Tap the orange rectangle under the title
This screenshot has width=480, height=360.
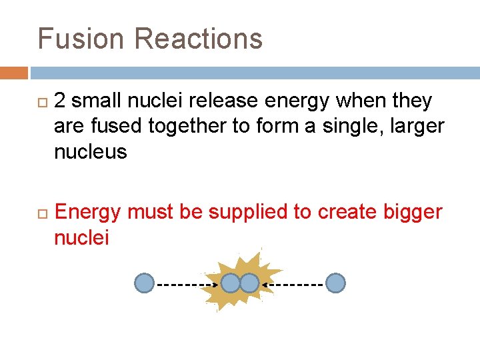(x=14, y=73)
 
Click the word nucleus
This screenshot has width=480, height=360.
(x=90, y=151)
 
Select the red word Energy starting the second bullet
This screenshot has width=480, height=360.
(x=88, y=212)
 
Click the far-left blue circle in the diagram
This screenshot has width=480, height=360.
(x=144, y=283)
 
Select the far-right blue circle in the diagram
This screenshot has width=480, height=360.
(x=336, y=283)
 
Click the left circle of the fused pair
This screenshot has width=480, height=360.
(x=230, y=283)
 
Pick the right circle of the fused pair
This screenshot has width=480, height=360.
(x=249, y=283)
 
